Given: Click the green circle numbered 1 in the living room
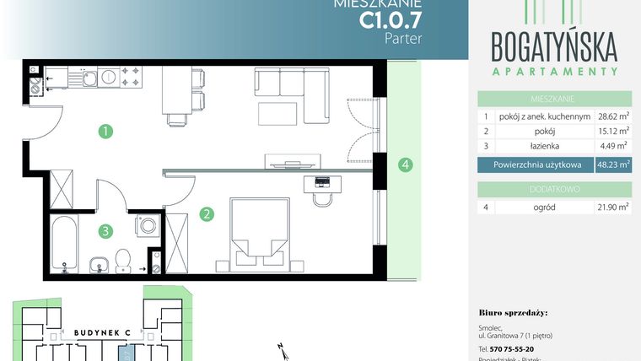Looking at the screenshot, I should pyautogui.click(x=105, y=132).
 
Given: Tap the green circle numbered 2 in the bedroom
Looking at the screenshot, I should pyautogui.click(x=206, y=214).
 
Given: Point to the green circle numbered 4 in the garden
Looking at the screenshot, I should pyautogui.click(x=406, y=164).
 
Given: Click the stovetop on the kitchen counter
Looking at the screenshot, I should pyautogui.click(x=132, y=77).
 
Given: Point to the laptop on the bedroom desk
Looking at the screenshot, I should pyautogui.click(x=321, y=181).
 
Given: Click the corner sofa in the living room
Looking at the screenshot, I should pyautogui.click(x=291, y=88).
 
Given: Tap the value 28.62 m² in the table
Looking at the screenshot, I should pyautogui.click(x=613, y=117).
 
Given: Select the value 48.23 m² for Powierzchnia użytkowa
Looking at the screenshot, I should pyautogui.click(x=613, y=166).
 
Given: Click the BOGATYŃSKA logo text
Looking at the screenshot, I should pyautogui.click(x=555, y=44).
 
